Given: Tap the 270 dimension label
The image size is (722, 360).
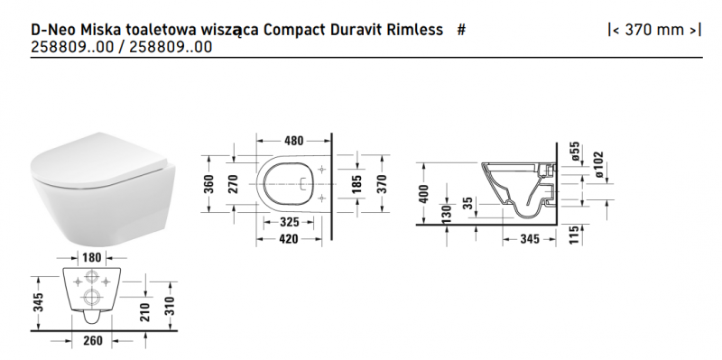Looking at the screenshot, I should (233, 184).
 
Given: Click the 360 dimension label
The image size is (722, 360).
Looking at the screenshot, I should (208, 184).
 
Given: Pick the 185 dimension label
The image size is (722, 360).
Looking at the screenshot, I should (357, 184).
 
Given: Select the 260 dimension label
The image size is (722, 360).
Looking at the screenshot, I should (93, 340).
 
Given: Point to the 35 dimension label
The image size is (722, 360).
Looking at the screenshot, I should (467, 205).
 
